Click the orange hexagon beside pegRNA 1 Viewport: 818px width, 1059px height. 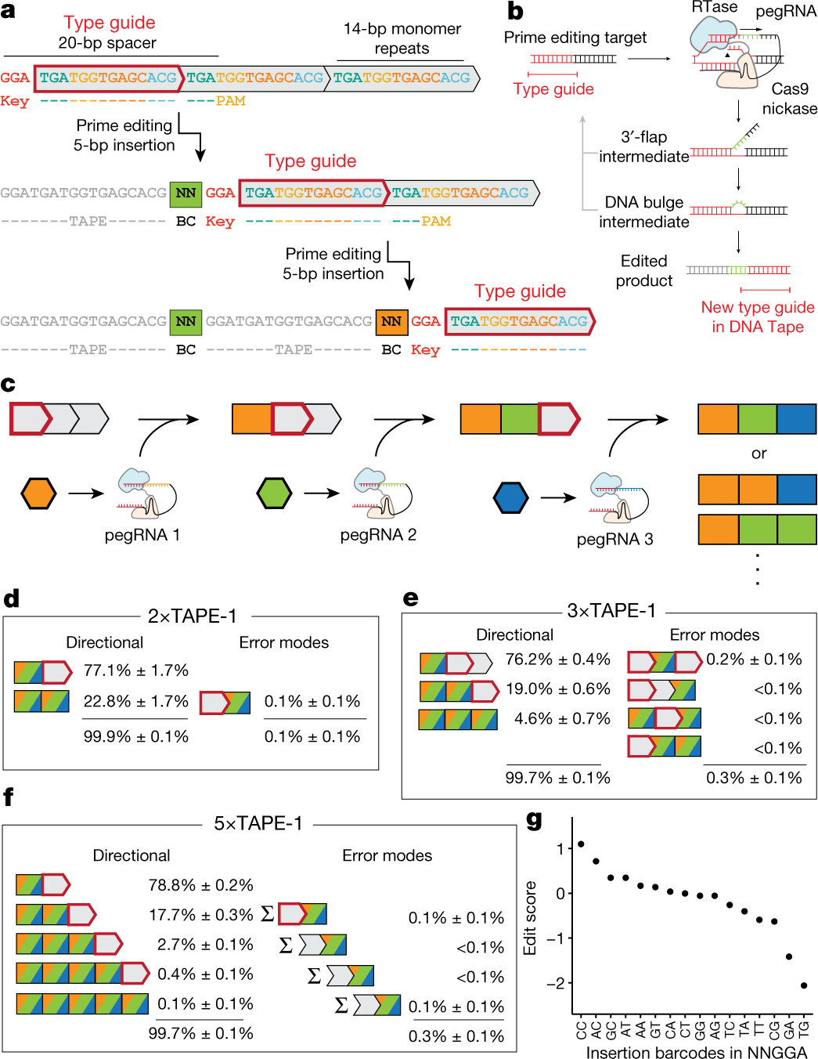click(38, 493)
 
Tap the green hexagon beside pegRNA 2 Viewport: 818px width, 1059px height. click(274, 493)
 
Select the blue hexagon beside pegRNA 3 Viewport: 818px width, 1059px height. click(510, 497)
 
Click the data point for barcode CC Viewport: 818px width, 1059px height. click(581, 844)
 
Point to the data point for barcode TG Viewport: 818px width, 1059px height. click(804, 985)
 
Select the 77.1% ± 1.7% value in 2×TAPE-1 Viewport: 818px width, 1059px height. click(136, 670)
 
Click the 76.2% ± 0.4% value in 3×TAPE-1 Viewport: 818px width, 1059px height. click(557, 660)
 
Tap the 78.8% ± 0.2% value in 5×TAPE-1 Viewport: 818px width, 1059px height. click(201, 885)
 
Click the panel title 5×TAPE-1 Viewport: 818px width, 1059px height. click(258, 823)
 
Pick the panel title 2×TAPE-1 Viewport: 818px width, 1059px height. click(193, 616)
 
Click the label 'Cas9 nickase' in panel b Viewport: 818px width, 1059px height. click(789, 99)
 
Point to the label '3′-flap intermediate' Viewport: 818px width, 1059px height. click(643, 146)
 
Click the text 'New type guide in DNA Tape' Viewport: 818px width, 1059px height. click(758, 317)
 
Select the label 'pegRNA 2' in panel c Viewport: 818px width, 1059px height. click(378, 535)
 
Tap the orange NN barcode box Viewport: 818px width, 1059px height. click(391, 321)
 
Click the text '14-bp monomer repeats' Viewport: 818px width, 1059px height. click(402, 38)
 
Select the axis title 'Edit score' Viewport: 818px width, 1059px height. click(530, 918)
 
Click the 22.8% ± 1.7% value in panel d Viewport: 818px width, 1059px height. click(136, 701)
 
